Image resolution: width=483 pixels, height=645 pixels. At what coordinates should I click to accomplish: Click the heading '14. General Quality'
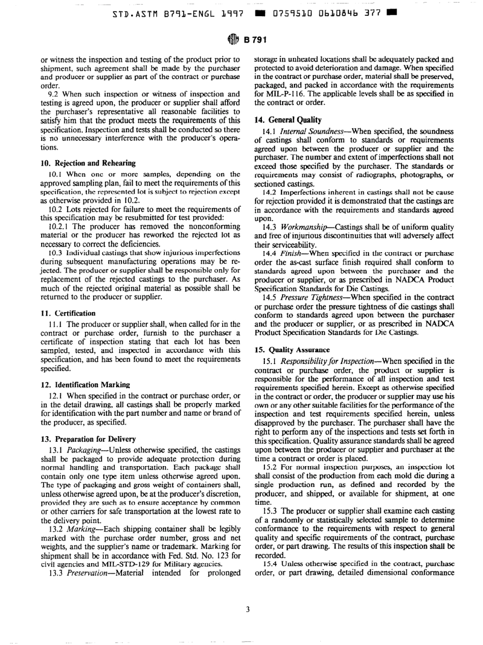click(288, 120)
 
